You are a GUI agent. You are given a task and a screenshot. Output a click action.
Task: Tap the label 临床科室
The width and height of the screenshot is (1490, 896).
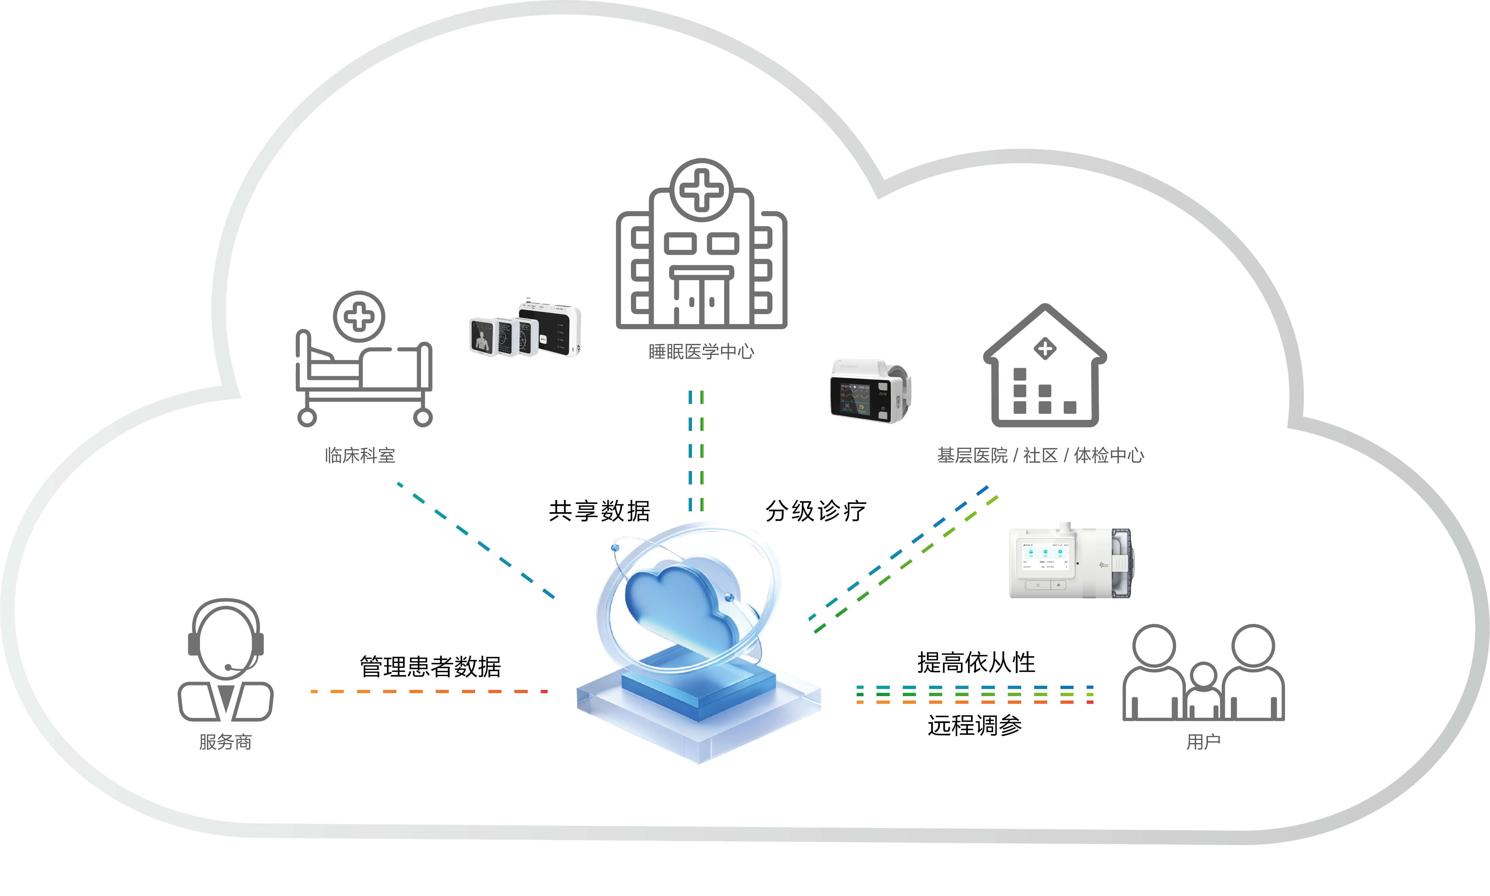coord(360,455)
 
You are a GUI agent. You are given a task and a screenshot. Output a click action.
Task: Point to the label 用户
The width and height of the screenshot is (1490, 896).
coord(1203,741)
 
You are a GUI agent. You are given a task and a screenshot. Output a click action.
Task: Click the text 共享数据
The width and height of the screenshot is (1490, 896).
coord(599,511)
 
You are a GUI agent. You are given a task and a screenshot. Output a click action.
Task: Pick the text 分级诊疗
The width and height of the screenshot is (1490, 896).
coord(815,511)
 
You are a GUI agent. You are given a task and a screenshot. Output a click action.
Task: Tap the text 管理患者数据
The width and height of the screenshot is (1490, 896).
coord(430,667)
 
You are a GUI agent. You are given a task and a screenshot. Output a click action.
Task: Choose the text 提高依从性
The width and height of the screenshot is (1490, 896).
coord(976,662)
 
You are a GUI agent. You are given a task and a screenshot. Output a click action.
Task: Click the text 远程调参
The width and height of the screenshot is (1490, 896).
coord(975,725)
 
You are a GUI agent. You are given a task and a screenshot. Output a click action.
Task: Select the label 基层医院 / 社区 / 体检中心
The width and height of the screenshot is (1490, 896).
coord(1040,455)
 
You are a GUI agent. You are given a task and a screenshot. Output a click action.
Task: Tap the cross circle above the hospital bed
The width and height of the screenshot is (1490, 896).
coord(359,316)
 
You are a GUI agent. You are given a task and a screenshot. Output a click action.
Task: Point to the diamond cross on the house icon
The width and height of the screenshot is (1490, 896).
coord(1045,348)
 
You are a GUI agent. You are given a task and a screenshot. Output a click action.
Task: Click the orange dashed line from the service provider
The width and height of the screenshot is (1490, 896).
coord(429,691)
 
